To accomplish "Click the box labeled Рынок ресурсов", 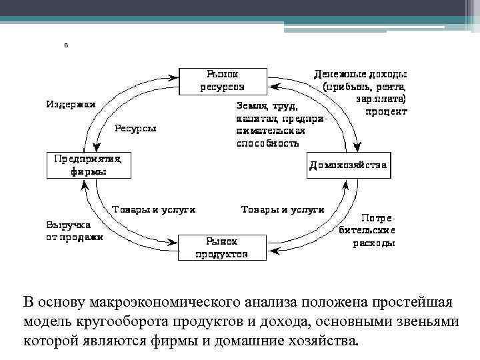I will (223, 79).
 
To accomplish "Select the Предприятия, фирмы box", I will (89, 165).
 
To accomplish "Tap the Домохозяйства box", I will (348, 165).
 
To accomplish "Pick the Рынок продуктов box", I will (222, 247).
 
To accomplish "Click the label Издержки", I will (71, 105).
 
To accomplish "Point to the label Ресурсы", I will (135, 128).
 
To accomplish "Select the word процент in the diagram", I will (385, 112).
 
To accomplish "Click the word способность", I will (267, 143).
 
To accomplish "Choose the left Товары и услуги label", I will (153, 209).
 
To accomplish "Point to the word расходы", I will (373, 243).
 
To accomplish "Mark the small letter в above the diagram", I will (65, 45).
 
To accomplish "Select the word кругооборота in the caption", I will (125, 321).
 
